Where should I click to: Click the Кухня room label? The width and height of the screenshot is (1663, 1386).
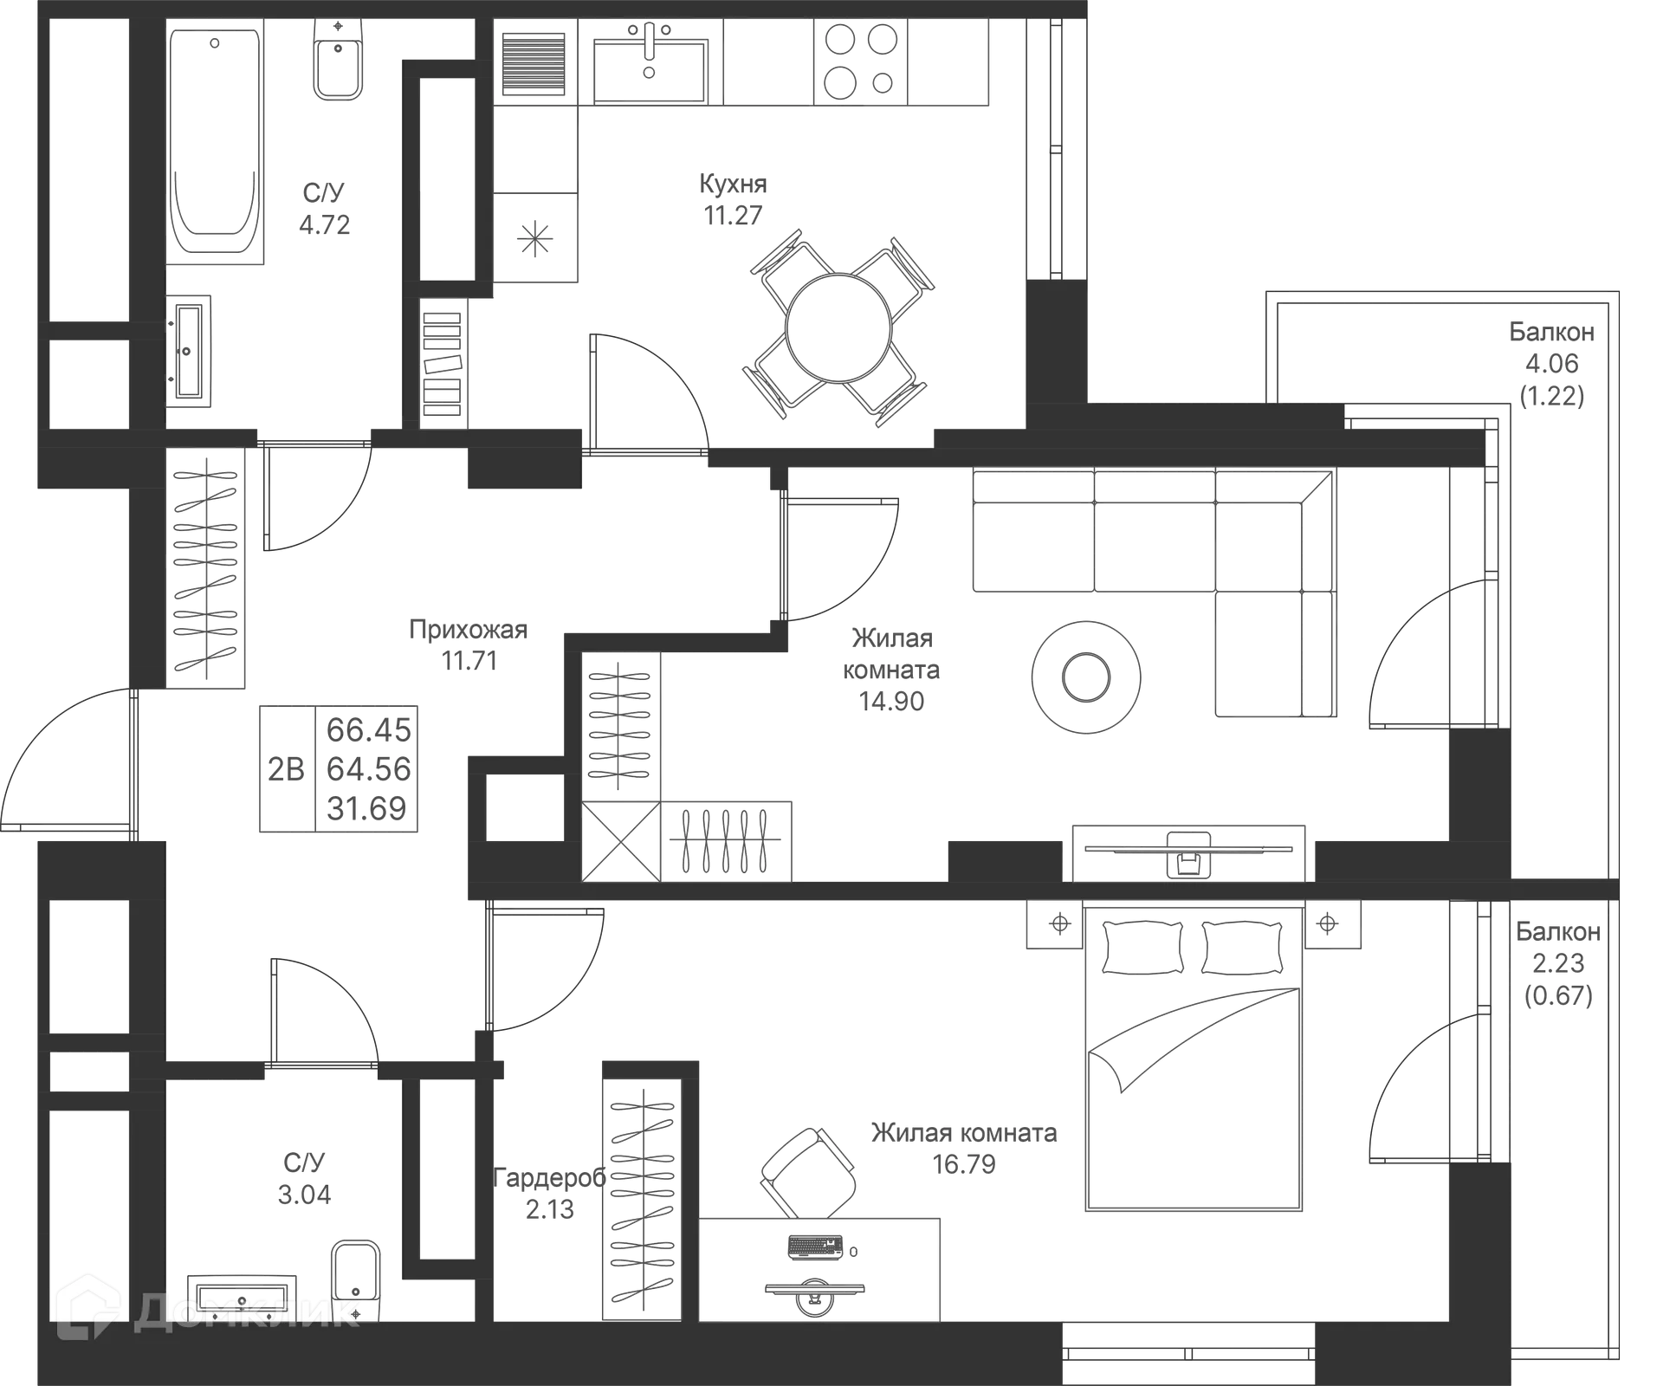tap(733, 184)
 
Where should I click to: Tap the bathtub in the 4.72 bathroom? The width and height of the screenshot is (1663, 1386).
tap(215, 142)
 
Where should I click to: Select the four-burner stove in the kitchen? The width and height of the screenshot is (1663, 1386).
tap(859, 62)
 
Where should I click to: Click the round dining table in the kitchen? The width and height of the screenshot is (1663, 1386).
tap(838, 328)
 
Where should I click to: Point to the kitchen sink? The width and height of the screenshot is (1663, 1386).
tap(650, 62)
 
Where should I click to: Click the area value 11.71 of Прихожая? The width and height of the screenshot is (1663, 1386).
tap(469, 661)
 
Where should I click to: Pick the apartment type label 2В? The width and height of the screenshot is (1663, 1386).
tap(286, 769)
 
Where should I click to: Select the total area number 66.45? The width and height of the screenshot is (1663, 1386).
tap(368, 730)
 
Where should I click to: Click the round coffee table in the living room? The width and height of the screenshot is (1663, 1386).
tap(1086, 677)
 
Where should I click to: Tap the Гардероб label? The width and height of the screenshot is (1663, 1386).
tap(549, 1177)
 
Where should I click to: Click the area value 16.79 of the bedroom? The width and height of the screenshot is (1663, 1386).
tap(964, 1164)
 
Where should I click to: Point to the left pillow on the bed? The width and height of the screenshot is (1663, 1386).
tap(1142, 948)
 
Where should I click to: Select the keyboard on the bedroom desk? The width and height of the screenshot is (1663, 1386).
tap(815, 1247)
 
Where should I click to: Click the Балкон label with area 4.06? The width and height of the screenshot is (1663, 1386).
tap(1551, 332)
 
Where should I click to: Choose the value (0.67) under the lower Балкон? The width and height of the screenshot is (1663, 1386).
tap(1558, 995)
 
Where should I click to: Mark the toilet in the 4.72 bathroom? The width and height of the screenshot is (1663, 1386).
tap(338, 61)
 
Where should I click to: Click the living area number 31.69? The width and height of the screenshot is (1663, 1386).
tap(366, 808)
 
